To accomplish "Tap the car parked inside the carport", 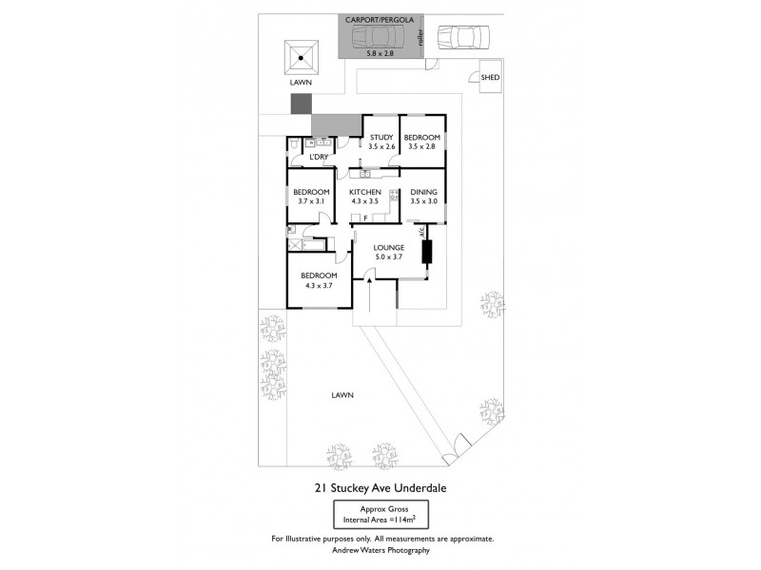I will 376,37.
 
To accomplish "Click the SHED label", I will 489,78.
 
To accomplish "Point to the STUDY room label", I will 381,138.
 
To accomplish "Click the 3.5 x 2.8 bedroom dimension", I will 421,147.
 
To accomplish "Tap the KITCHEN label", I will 365,192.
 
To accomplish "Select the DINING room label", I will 423,192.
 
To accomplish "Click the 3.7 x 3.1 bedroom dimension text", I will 311,201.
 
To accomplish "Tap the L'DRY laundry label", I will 318,157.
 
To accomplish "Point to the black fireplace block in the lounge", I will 426,252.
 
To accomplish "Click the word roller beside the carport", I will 420,37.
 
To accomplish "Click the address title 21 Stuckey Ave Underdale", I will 380,488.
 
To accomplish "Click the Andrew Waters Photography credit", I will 380,550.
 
